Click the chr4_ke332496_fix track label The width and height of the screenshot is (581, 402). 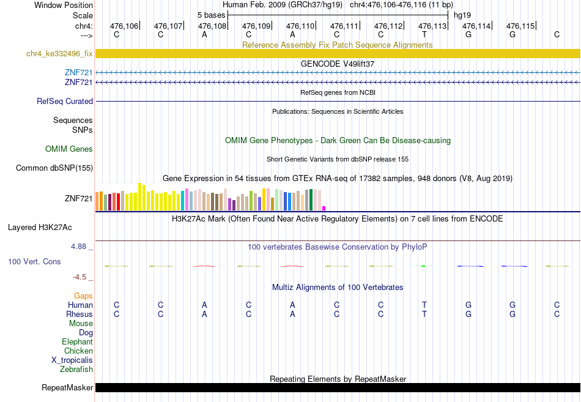59,54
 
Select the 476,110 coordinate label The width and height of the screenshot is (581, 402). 300,26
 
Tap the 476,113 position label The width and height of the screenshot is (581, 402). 432,26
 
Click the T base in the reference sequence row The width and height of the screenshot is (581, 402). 424,34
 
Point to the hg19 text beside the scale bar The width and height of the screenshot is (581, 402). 462,15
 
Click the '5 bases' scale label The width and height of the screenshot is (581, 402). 211,15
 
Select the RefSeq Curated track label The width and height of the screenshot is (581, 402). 65,101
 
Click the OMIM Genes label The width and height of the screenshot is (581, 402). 69,149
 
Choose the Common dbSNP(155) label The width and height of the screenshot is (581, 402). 54,168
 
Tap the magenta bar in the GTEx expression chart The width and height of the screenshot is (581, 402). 324,209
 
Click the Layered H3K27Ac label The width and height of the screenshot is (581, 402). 40,228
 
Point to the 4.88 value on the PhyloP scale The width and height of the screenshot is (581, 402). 78,247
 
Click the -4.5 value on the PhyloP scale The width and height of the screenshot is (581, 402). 80,277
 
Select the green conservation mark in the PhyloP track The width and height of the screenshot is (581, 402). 423,266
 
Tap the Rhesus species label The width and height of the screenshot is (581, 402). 80,314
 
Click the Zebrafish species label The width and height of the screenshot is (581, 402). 76,370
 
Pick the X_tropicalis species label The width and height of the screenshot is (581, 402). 72,360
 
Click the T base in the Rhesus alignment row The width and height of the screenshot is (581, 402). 424,314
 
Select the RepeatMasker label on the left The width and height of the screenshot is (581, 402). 67,388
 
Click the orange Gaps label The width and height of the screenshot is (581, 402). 83,296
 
